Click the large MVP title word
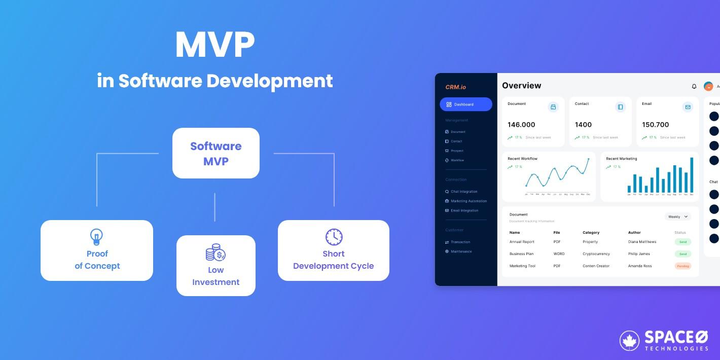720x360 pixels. (x=214, y=46)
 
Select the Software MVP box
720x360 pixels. (x=215, y=153)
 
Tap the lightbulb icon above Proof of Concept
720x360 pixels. (x=96, y=237)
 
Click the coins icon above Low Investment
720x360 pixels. (x=215, y=253)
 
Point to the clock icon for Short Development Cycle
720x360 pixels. (x=334, y=237)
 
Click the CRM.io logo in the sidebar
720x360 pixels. (x=455, y=87)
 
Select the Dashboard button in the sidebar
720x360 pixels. (x=465, y=104)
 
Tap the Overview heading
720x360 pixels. (x=521, y=86)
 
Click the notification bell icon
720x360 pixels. (x=694, y=86)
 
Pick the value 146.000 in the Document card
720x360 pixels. (x=521, y=125)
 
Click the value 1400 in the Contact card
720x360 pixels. (x=583, y=125)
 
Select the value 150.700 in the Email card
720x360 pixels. (x=655, y=125)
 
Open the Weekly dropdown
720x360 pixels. (x=677, y=217)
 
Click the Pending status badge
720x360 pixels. (x=682, y=266)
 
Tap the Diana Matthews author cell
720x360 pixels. (x=642, y=242)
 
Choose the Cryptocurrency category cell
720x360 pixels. (x=596, y=254)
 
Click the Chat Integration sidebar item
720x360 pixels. (x=463, y=192)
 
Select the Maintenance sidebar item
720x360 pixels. (x=461, y=251)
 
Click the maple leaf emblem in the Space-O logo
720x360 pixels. (x=629, y=341)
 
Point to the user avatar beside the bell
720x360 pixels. (x=708, y=86)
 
